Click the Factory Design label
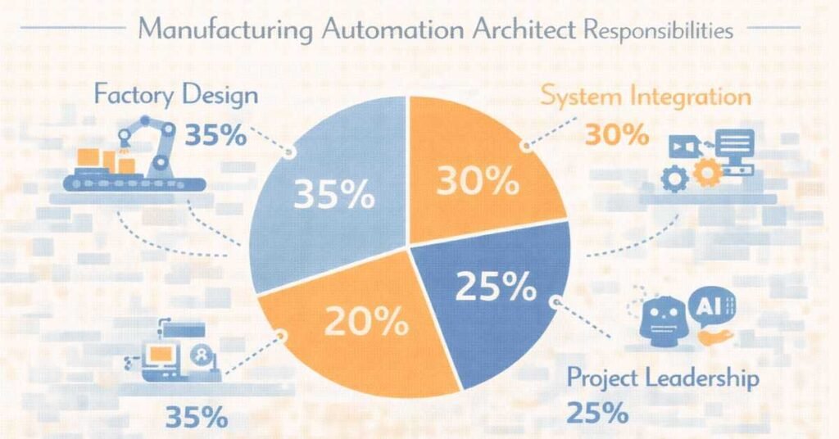(x=175, y=94)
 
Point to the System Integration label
(x=646, y=97)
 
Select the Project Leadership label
(x=663, y=378)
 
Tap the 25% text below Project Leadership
(x=598, y=412)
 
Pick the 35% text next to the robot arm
(x=215, y=134)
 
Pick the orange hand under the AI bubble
(x=714, y=336)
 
